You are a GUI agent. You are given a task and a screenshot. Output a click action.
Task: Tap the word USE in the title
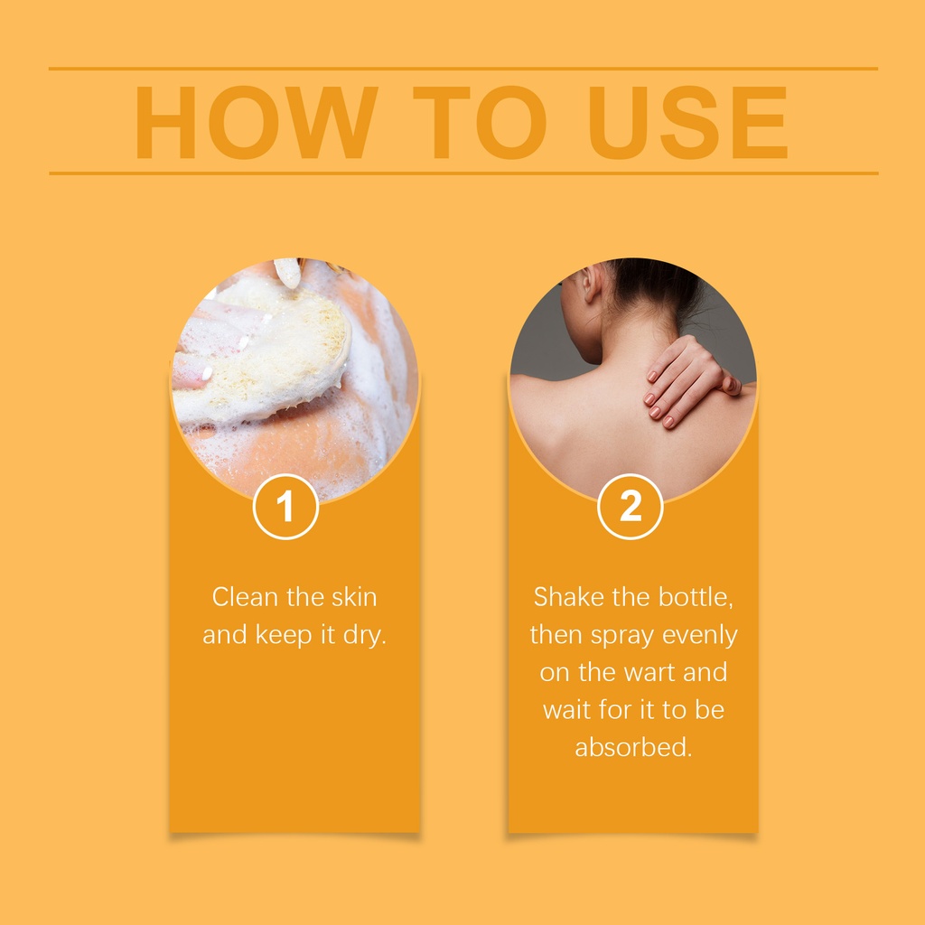point(687,122)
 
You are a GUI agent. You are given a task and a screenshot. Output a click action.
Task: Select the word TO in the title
point(480,122)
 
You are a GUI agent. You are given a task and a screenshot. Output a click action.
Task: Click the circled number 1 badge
point(285,506)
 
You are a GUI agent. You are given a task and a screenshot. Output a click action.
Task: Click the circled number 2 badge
point(630,506)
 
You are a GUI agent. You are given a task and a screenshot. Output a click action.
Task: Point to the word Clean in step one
point(245,597)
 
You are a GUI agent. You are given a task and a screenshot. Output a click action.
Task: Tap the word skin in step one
point(353,597)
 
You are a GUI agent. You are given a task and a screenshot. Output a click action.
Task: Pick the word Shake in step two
point(569,597)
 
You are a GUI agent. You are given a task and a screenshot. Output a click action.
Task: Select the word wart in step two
point(649,673)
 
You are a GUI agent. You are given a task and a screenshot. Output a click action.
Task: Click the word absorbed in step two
point(633,747)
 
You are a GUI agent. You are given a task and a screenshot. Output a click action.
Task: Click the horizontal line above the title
point(463,69)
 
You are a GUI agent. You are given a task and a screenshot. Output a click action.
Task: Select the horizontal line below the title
point(463,173)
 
